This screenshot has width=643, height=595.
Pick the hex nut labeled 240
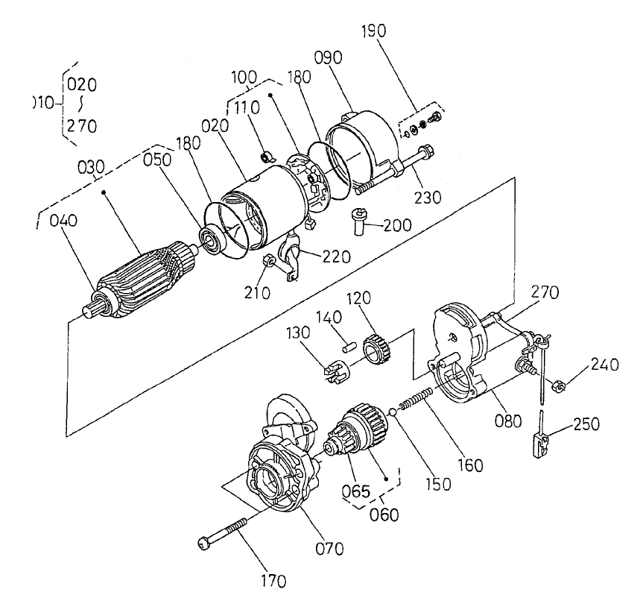(x=555, y=385)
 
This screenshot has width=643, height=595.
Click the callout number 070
(x=329, y=550)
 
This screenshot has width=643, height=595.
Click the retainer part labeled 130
(x=337, y=370)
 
